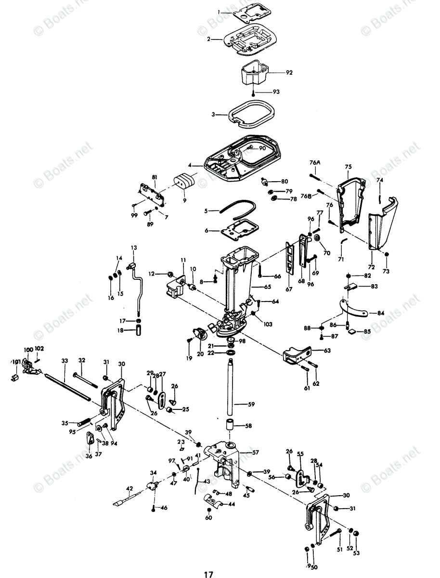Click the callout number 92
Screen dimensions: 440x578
point(289,73)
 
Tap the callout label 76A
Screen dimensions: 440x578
point(315,163)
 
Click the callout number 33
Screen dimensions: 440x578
point(65,360)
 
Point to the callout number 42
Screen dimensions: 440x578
point(129,488)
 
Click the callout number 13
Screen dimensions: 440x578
point(134,248)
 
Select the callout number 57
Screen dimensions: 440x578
point(255,452)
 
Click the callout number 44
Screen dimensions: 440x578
point(232,504)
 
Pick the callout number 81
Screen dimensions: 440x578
point(155,177)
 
